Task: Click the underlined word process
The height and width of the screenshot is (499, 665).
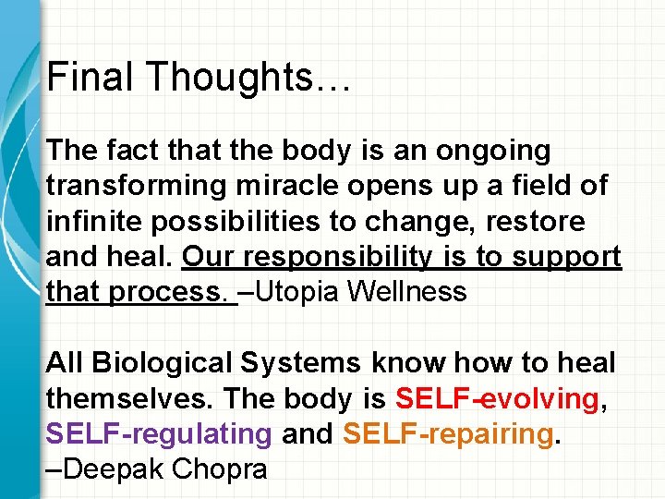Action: click(171, 293)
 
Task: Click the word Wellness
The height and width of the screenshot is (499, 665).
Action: click(416, 293)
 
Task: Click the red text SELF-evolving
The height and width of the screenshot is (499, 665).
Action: click(496, 399)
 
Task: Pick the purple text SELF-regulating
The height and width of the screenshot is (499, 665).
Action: click(158, 434)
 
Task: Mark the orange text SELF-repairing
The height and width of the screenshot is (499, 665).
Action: click(448, 434)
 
